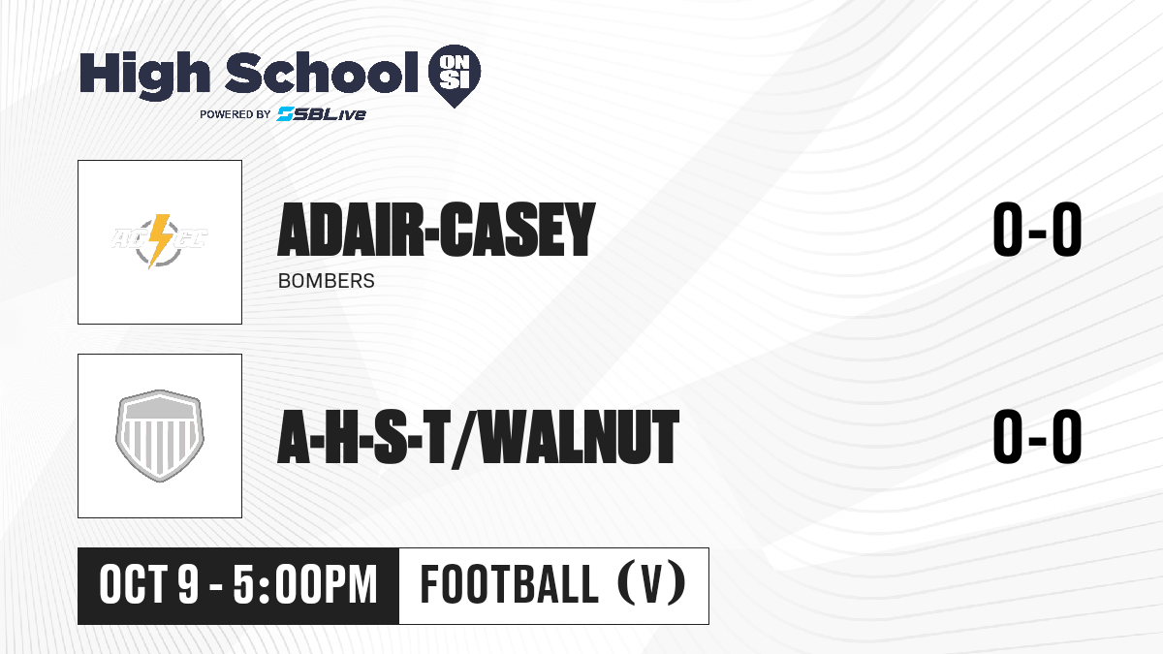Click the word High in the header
tap(144, 76)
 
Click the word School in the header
tap(322, 73)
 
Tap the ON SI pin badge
tap(455, 76)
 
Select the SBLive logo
tap(322, 114)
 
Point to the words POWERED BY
tap(236, 114)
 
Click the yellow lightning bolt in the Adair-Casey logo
tap(159, 241)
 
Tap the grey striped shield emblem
tap(160, 436)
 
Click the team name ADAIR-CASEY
tap(436, 230)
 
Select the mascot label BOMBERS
tap(326, 281)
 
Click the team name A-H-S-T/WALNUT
tap(478, 437)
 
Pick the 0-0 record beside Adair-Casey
tap(1037, 230)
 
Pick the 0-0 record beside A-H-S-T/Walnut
tap(1037, 437)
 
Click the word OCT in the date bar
tap(134, 585)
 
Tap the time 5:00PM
tap(304, 585)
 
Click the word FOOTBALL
tap(510, 584)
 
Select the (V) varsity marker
tap(651, 584)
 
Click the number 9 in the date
tap(188, 585)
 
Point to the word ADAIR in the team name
tap(351, 230)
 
